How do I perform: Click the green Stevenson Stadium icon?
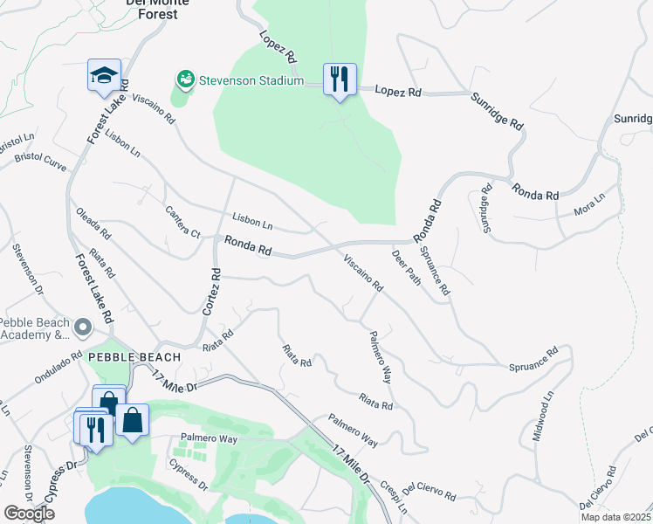(185, 80)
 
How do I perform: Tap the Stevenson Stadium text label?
(250, 81)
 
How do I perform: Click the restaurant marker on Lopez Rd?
(337, 80)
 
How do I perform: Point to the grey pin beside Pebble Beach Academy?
(83, 327)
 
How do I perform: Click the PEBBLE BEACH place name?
(134, 357)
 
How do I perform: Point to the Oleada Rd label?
(93, 224)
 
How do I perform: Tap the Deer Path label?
(407, 267)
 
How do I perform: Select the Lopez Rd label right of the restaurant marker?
(398, 91)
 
